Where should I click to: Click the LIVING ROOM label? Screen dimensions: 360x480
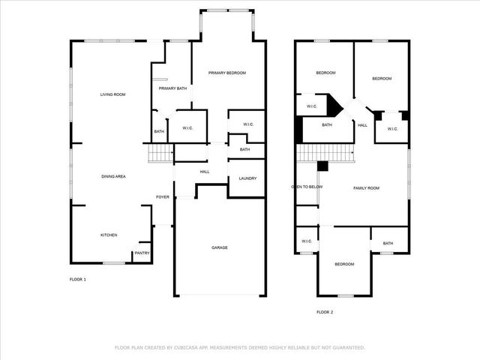tap(113, 94)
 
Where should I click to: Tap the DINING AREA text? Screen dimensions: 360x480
tap(113, 176)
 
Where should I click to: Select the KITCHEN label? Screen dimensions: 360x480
tap(109, 235)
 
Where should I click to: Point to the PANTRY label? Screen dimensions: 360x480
tap(142, 253)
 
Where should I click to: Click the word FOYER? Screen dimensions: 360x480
tap(162, 197)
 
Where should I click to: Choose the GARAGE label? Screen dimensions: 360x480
tap(219, 247)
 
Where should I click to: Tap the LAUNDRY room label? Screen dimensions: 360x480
tap(247, 178)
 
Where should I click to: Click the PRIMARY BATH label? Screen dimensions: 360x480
tap(172, 88)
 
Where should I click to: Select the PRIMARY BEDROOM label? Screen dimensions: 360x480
tap(227, 73)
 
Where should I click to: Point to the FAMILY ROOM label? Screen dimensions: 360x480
tap(367, 187)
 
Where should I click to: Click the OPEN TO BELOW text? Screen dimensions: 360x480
tap(307, 187)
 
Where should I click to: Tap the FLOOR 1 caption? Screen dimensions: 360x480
tap(78, 280)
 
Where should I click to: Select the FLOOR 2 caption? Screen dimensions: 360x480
tap(325, 311)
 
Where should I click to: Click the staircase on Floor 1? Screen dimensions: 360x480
tap(160, 154)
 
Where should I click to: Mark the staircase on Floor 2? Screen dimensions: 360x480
tap(326, 153)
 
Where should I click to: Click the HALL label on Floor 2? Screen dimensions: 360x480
tap(362, 125)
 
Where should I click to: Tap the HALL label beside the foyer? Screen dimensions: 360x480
tap(205, 172)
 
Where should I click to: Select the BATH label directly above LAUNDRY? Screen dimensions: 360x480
tap(245, 149)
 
